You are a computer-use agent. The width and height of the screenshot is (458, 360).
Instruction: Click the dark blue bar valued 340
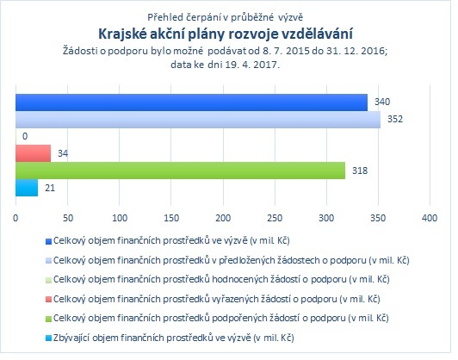tap(192, 102)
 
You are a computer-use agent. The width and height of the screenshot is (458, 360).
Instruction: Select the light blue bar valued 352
tap(198, 120)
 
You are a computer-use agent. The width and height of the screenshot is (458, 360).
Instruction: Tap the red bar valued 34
tap(34, 153)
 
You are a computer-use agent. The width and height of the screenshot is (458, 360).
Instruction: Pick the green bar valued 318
tap(181, 171)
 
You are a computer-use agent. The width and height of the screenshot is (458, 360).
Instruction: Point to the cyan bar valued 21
tap(27, 188)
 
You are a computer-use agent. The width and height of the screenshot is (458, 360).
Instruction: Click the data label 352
tap(395, 119)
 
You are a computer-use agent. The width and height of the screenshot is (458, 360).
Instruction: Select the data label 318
tap(360, 171)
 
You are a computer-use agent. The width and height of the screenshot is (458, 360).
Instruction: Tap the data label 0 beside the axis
tap(25, 136)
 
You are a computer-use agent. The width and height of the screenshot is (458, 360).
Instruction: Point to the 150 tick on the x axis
tap(171, 218)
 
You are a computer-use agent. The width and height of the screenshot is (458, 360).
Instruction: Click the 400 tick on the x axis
tap(430, 218)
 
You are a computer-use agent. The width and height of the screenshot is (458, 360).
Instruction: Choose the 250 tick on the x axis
tap(275, 218)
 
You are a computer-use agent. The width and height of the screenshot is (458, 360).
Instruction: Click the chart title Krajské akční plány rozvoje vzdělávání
tap(226, 34)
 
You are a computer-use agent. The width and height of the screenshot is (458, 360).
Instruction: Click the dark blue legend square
tap(48, 241)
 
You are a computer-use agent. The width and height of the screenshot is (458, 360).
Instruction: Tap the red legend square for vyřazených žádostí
tap(48, 300)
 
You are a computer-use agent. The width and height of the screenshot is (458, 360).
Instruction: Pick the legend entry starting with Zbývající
tap(174, 338)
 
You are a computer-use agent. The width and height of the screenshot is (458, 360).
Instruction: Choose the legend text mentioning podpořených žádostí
tap(220, 318)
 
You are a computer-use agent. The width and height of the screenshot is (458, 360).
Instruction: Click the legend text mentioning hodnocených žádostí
tap(221, 279)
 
